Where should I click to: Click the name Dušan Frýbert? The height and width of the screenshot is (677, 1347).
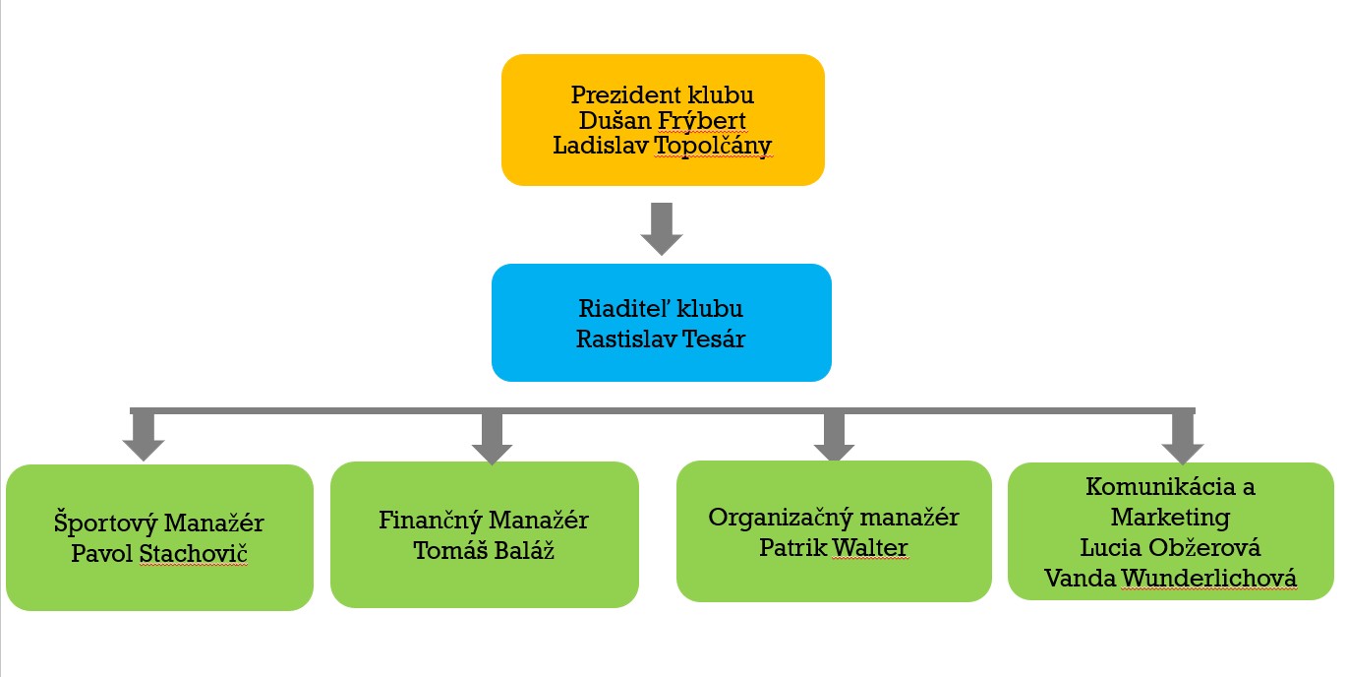click(x=662, y=121)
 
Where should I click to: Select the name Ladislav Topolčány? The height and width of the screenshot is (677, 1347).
click(x=662, y=146)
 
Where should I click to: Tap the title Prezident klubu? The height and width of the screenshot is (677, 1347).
click(x=662, y=95)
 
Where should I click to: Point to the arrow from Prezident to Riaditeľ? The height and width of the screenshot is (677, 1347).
click(x=662, y=228)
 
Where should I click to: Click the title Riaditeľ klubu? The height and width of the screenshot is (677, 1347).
click(x=662, y=309)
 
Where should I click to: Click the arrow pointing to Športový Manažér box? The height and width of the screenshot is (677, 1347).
click(x=144, y=436)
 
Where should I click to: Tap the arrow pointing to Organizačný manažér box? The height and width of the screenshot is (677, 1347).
click(x=834, y=436)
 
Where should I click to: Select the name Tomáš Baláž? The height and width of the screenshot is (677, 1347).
click(x=484, y=549)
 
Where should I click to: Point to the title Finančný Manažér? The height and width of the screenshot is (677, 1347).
click(x=484, y=520)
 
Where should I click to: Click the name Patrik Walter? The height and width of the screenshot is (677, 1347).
click(x=834, y=546)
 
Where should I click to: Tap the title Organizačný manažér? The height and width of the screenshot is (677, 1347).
click(x=834, y=518)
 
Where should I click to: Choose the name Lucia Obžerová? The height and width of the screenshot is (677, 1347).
click(x=1170, y=547)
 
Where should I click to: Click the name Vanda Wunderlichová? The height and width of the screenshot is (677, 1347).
click(x=1170, y=578)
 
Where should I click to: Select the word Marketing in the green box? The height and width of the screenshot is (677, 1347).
click(x=1170, y=517)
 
